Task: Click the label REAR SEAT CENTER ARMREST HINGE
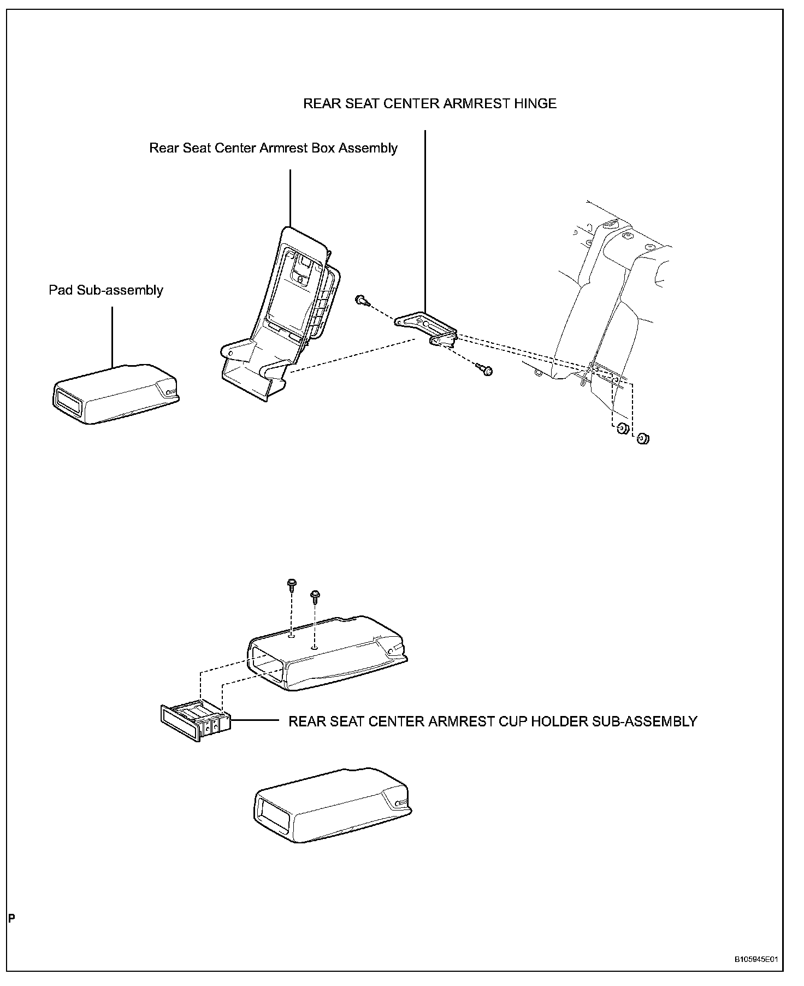pos(429,104)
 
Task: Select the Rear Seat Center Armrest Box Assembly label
pos(273,148)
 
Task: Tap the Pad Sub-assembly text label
pos(106,290)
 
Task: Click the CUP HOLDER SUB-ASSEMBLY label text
pos(492,721)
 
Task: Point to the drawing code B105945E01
pos(755,959)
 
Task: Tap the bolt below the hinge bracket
pos(484,370)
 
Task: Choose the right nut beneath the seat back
pos(643,438)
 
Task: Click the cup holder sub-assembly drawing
pos(195,721)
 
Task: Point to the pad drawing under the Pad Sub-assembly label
pos(115,394)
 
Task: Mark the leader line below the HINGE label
pos(425,219)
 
